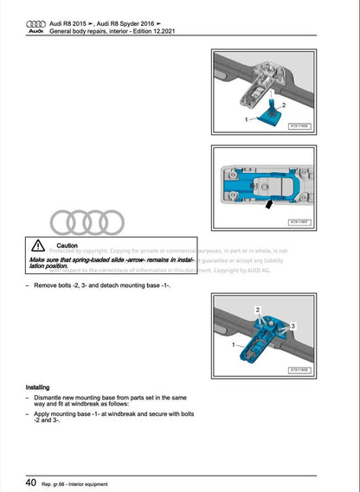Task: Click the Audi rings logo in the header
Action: (x=35, y=22)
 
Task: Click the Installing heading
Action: (x=37, y=387)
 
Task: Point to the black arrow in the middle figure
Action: (x=271, y=206)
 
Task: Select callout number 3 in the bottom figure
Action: (x=293, y=325)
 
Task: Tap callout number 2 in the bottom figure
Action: (x=258, y=309)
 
